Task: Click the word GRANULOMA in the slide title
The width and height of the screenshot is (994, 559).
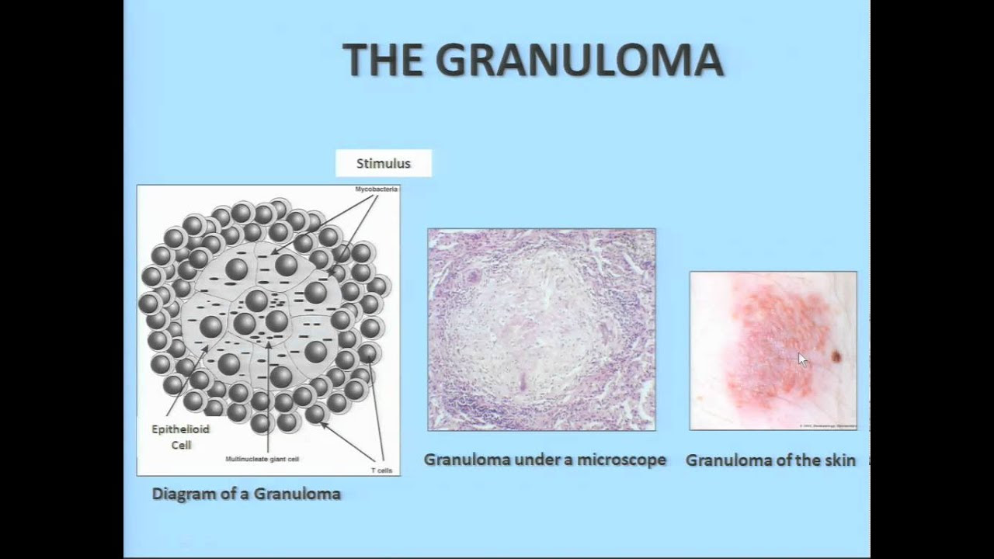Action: [579, 61]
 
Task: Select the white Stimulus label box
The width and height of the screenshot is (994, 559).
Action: [383, 163]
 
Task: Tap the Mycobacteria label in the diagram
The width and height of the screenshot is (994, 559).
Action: [376, 189]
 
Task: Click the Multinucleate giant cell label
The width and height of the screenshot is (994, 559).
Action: [262, 459]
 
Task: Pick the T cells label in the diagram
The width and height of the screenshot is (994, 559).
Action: [381, 470]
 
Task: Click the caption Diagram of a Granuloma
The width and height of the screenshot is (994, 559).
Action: [246, 494]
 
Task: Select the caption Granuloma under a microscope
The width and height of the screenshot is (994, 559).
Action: [544, 460]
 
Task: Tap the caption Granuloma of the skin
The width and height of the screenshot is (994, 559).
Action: [770, 460]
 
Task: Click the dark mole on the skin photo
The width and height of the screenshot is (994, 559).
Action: [837, 356]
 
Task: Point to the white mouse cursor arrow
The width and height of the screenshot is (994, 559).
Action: [802, 359]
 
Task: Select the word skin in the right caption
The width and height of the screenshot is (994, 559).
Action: [839, 460]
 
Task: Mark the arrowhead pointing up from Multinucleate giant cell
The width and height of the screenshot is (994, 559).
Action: [268, 342]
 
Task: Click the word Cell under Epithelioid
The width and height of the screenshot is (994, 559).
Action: [180, 445]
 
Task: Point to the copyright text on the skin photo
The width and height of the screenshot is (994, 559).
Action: [827, 425]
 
